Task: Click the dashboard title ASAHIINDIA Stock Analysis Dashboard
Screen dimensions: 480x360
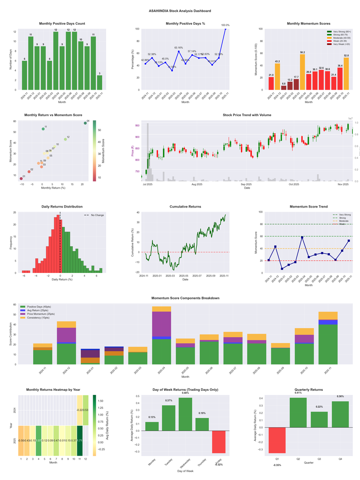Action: click(x=180, y=10)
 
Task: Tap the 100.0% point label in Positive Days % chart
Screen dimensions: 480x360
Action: click(x=225, y=25)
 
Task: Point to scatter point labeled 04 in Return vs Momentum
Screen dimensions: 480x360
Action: click(x=85, y=123)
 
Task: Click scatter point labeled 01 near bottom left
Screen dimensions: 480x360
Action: click(x=21, y=179)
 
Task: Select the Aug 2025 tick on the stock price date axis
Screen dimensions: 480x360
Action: click(x=197, y=184)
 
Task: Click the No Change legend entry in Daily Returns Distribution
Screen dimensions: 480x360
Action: click(x=97, y=215)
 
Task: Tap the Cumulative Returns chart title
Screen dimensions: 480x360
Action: click(x=185, y=207)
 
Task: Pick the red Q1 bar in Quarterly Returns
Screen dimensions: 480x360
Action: click(x=277, y=440)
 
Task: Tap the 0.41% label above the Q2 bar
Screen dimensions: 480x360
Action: click(x=298, y=393)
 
